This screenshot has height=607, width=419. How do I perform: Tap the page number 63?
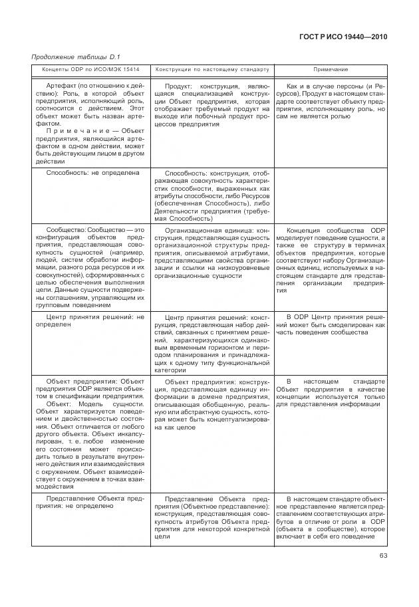(383, 556)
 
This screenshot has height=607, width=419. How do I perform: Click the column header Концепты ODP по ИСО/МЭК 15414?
(91, 70)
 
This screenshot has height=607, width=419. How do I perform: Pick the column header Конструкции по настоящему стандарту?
(212, 70)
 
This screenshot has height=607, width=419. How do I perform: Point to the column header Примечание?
(331, 70)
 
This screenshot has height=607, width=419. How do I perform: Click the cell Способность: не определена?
(92, 173)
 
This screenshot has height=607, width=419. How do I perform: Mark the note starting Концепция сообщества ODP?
(331, 259)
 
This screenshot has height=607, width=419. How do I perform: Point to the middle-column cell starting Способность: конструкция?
(211, 194)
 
